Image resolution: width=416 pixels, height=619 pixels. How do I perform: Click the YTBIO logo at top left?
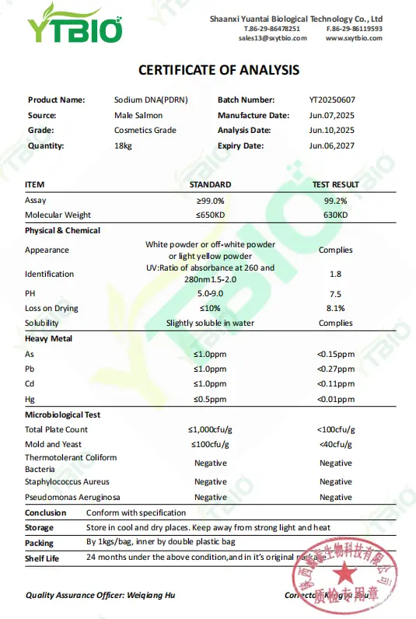click(76, 26)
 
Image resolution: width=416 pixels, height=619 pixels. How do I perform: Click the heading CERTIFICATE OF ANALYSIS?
click(218, 70)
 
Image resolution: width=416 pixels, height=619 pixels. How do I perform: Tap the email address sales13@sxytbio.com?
click(272, 38)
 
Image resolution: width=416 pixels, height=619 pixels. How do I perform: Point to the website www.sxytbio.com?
click(353, 38)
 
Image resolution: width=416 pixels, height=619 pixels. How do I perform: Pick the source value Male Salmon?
click(138, 116)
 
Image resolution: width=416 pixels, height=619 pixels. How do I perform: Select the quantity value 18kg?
click(123, 146)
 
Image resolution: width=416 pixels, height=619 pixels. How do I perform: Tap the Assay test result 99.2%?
click(335, 200)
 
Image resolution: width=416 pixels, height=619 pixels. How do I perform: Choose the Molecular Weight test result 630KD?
click(335, 215)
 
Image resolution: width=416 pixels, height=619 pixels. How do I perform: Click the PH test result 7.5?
click(335, 293)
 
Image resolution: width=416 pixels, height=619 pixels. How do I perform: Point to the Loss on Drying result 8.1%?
click(335, 309)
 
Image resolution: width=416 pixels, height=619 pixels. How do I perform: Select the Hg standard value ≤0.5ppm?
click(210, 399)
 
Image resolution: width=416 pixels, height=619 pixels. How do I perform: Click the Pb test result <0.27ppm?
click(335, 369)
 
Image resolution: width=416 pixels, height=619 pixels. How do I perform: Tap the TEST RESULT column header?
click(335, 184)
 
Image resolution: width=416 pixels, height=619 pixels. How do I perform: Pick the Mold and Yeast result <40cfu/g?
click(335, 445)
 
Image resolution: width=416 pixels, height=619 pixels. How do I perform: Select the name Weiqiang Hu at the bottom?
click(156, 596)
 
